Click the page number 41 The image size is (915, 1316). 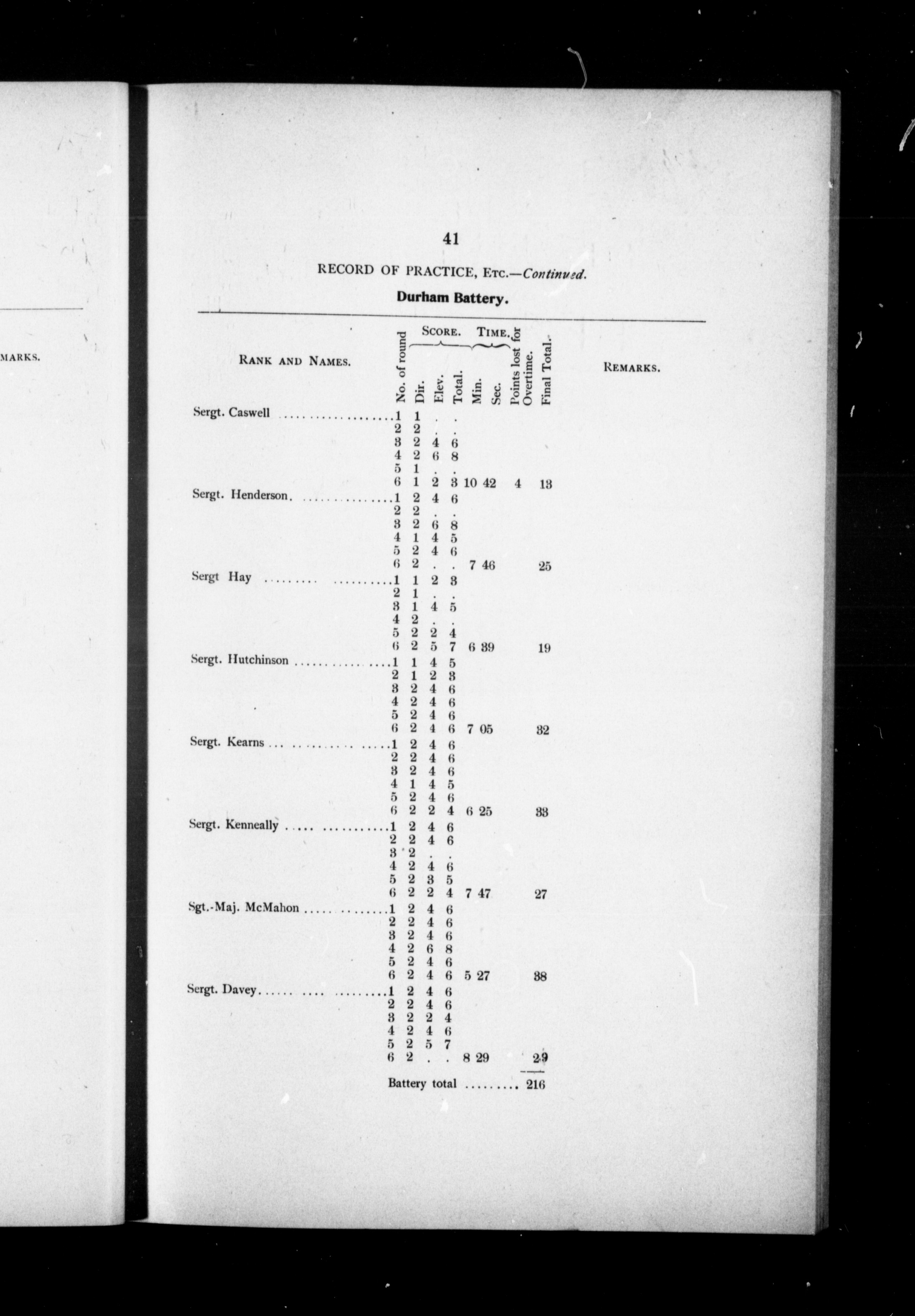pyautogui.click(x=451, y=239)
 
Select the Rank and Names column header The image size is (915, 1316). pyautogui.click(x=295, y=361)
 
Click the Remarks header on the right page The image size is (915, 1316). pyautogui.click(x=632, y=367)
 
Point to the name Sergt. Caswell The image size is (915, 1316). pyautogui.click(x=232, y=413)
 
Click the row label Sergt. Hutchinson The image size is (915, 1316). pyautogui.click(x=240, y=660)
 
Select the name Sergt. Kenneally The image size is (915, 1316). pyautogui.click(x=234, y=825)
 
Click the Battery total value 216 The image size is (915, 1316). pyautogui.click(x=536, y=1084)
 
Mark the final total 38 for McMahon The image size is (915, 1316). pyautogui.click(x=540, y=976)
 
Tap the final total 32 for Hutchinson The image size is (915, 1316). pyautogui.click(x=543, y=730)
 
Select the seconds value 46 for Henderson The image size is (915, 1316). pyautogui.click(x=488, y=566)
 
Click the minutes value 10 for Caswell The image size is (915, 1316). pyautogui.click(x=470, y=483)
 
